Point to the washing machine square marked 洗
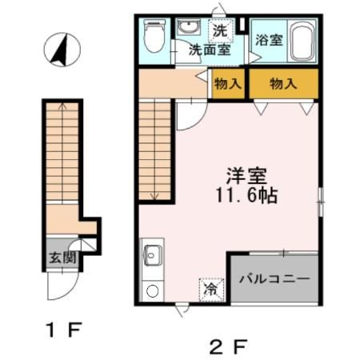[220, 32]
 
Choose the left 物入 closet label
[229, 83]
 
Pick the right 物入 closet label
[282, 83]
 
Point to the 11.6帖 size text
[245, 196]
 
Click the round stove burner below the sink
[153, 290]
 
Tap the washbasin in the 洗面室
[188, 27]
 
